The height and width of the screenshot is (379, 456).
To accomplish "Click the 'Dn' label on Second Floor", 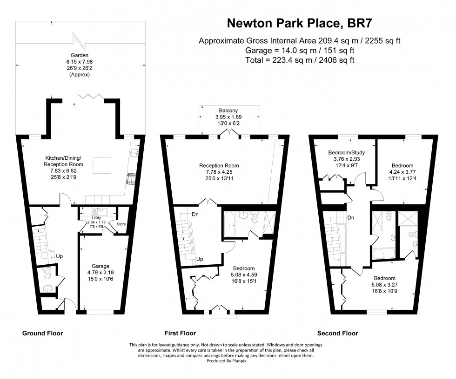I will tap(351, 218).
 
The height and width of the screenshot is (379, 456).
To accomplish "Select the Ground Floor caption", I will tap(43, 333).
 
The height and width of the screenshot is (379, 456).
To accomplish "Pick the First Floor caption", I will tap(180, 333).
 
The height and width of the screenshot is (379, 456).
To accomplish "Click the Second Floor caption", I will tap(337, 333).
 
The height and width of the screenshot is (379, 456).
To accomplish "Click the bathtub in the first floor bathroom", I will tap(230, 225).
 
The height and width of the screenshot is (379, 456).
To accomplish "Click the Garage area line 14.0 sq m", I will tap(300, 50).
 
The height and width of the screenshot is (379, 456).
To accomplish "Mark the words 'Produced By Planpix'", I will tap(228, 360).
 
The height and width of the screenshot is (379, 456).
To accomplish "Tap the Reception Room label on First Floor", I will tap(219, 165).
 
